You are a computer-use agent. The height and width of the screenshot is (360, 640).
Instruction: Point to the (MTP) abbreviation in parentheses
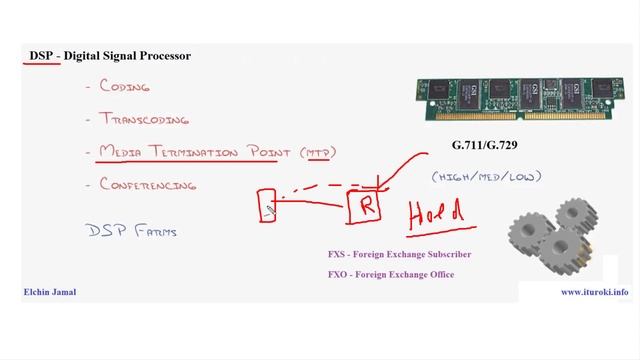(317, 152)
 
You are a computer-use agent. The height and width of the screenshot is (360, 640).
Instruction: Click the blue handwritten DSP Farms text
(132, 231)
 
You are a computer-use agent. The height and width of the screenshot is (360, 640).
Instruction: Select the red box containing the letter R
(366, 207)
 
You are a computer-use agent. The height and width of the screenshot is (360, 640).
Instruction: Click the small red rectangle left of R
(268, 205)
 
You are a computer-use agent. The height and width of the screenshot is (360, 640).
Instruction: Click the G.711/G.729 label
(485, 146)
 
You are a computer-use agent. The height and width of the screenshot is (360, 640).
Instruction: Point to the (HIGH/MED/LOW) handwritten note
(486, 176)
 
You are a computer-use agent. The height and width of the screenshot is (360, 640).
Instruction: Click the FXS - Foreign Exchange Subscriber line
(399, 255)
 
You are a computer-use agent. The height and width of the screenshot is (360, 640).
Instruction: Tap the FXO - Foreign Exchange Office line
(391, 274)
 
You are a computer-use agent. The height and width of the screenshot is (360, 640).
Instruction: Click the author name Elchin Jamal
(50, 292)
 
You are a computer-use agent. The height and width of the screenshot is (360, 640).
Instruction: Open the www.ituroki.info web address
(594, 292)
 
